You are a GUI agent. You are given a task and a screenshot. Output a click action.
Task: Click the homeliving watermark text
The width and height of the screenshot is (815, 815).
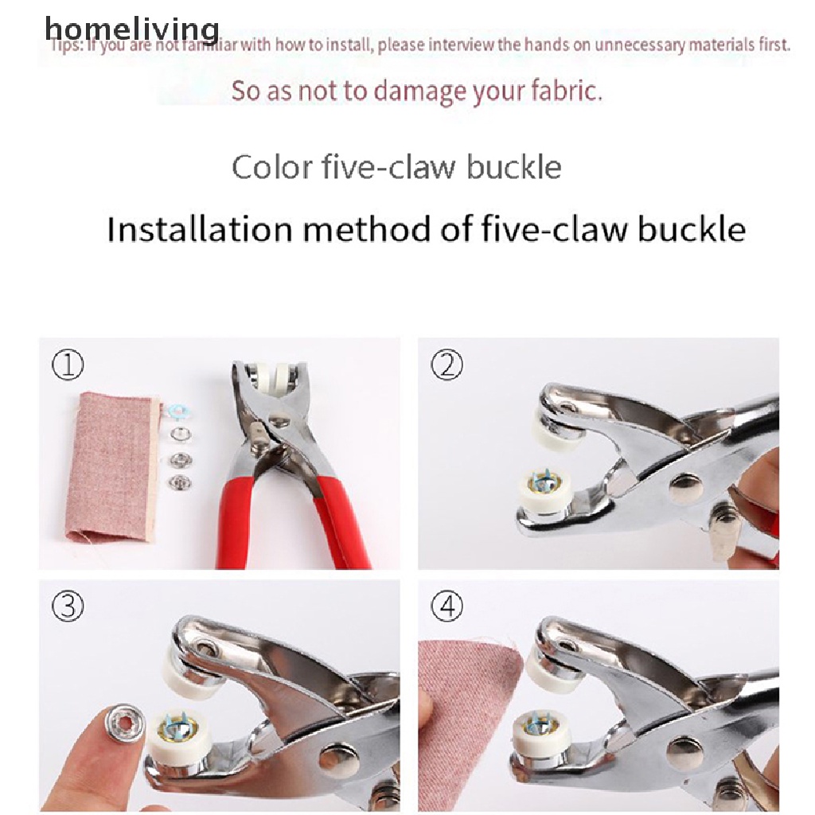(131, 29)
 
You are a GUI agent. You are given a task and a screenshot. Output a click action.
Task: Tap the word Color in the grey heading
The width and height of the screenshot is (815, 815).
(271, 168)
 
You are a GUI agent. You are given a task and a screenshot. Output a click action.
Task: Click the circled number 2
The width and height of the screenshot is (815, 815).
(446, 365)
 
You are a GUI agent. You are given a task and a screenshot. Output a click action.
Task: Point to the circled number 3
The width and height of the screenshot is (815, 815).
(68, 608)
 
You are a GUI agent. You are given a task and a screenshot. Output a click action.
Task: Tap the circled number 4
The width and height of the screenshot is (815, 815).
(446, 608)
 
